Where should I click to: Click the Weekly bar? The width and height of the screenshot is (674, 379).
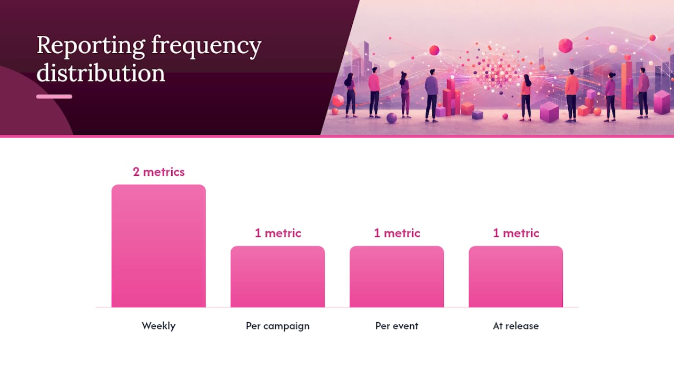(x=158, y=246)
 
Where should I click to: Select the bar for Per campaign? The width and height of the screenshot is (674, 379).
(x=277, y=277)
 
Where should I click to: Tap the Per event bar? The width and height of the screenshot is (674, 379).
(x=397, y=277)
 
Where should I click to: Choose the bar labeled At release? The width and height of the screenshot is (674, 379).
(x=516, y=277)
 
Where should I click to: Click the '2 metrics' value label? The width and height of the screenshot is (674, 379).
(x=158, y=172)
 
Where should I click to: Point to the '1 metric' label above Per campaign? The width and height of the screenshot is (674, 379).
(x=277, y=233)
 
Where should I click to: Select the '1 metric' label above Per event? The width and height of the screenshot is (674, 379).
(x=397, y=233)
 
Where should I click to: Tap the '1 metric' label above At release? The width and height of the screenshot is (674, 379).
(x=516, y=233)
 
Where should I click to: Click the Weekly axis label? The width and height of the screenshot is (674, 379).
(x=158, y=326)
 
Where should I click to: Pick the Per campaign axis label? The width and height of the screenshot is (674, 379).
(x=277, y=326)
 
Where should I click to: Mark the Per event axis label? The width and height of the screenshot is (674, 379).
(x=397, y=326)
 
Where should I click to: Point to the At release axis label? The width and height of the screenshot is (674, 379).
(x=516, y=326)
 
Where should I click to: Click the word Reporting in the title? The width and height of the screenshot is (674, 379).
(x=91, y=46)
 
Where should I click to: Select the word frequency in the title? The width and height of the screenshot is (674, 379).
(x=206, y=46)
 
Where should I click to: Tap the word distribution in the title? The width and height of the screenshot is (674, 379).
(x=101, y=73)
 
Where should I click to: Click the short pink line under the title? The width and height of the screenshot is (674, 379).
(x=54, y=96)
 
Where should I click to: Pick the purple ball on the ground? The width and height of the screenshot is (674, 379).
(x=391, y=118)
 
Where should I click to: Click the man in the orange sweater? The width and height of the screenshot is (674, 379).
(x=571, y=95)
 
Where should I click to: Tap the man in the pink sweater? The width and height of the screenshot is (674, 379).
(x=374, y=92)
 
